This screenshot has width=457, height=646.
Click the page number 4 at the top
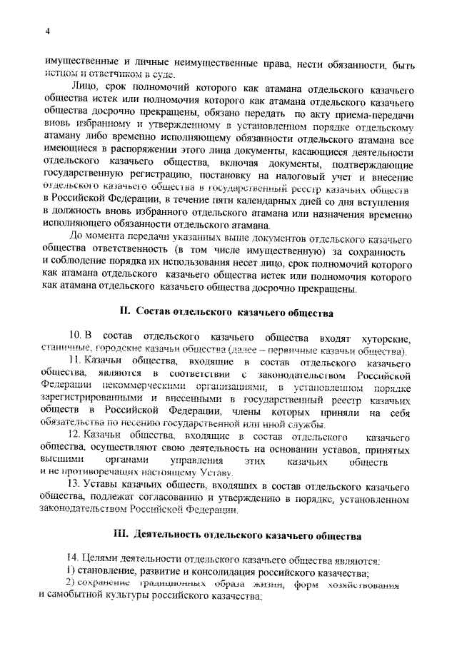tap(46, 31)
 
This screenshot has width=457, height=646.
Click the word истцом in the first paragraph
tap(60, 75)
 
